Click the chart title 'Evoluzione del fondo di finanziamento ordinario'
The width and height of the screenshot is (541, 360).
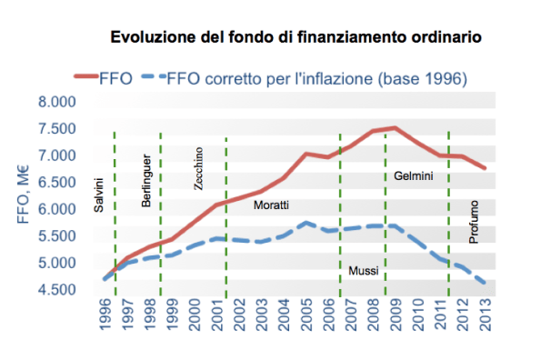(296, 38)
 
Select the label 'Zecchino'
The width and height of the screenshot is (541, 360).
(199, 167)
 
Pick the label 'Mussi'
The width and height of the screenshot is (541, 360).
(364, 271)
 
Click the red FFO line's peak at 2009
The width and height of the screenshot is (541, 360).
(396, 128)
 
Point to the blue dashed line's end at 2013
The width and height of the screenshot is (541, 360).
(486, 283)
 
